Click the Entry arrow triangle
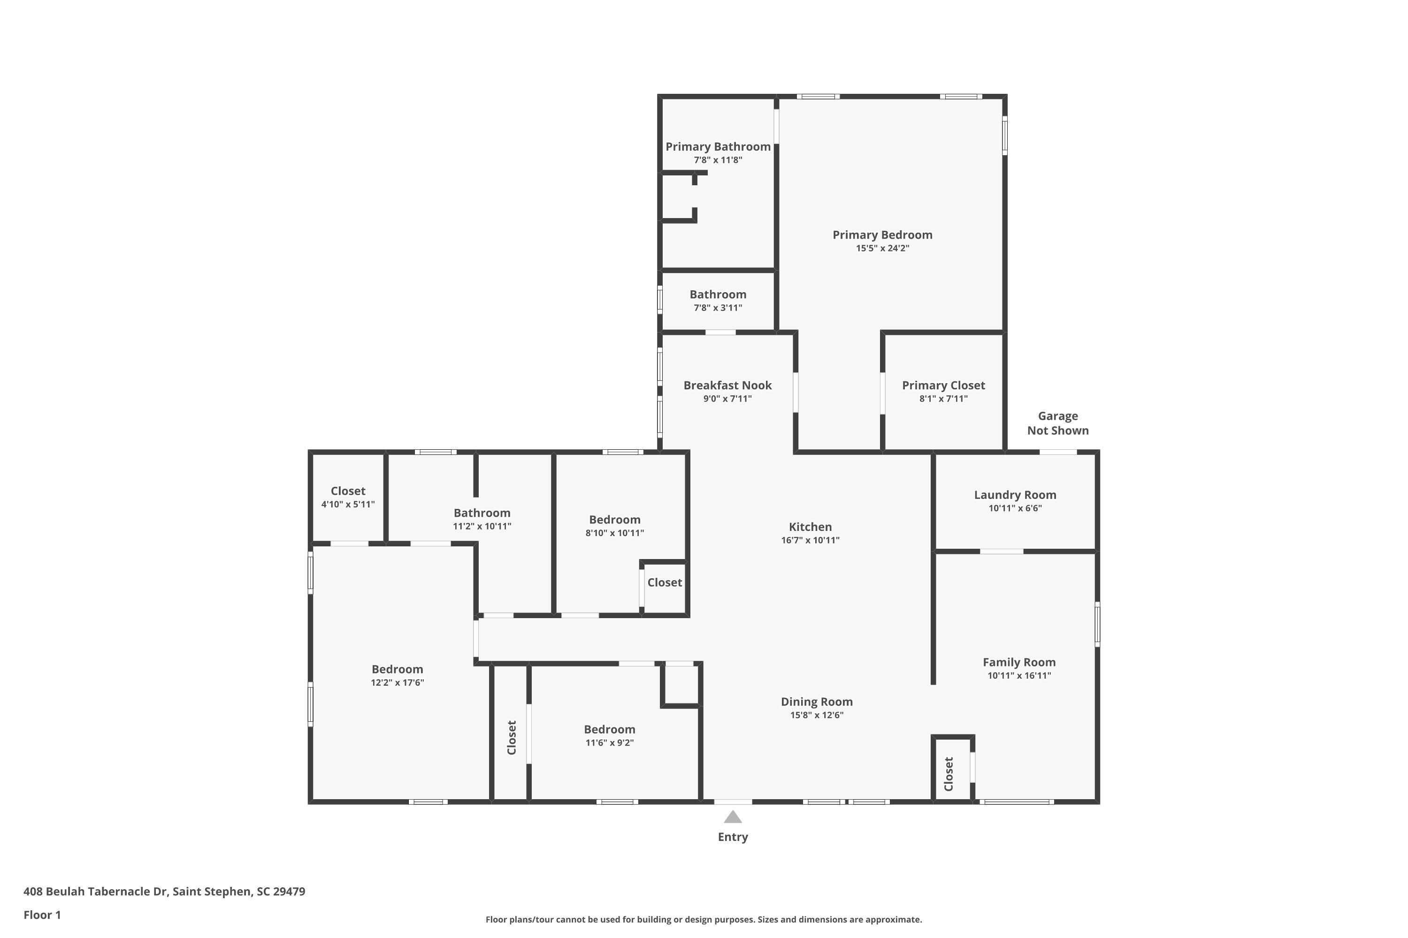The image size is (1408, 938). click(x=733, y=817)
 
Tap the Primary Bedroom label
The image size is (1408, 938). click(x=882, y=235)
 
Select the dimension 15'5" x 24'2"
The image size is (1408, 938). click(x=882, y=248)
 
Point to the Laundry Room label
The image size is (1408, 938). click(x=1015, y=495)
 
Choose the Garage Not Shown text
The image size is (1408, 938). click(x=1057, y=423)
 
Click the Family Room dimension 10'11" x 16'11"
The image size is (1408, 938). click(x=1019, y=676)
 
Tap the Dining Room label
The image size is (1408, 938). click(x=817, y=702)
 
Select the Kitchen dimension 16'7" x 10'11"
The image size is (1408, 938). click(x=810, y=540)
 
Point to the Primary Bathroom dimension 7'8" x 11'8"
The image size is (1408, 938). click(x=718, y=160)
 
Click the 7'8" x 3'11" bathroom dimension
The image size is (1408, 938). click(x=718, y=308)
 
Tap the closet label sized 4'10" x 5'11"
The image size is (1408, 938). click(x=348, y=491)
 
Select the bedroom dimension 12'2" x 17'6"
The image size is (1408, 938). click(x=397, y=682)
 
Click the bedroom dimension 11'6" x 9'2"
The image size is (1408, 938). click(x=609, y=743)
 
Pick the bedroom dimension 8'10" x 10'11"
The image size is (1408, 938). click(x=614, y=533)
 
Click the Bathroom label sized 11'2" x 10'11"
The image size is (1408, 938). click(x=482, y=513)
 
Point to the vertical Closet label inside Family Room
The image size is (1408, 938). click(x=948, y=774)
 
